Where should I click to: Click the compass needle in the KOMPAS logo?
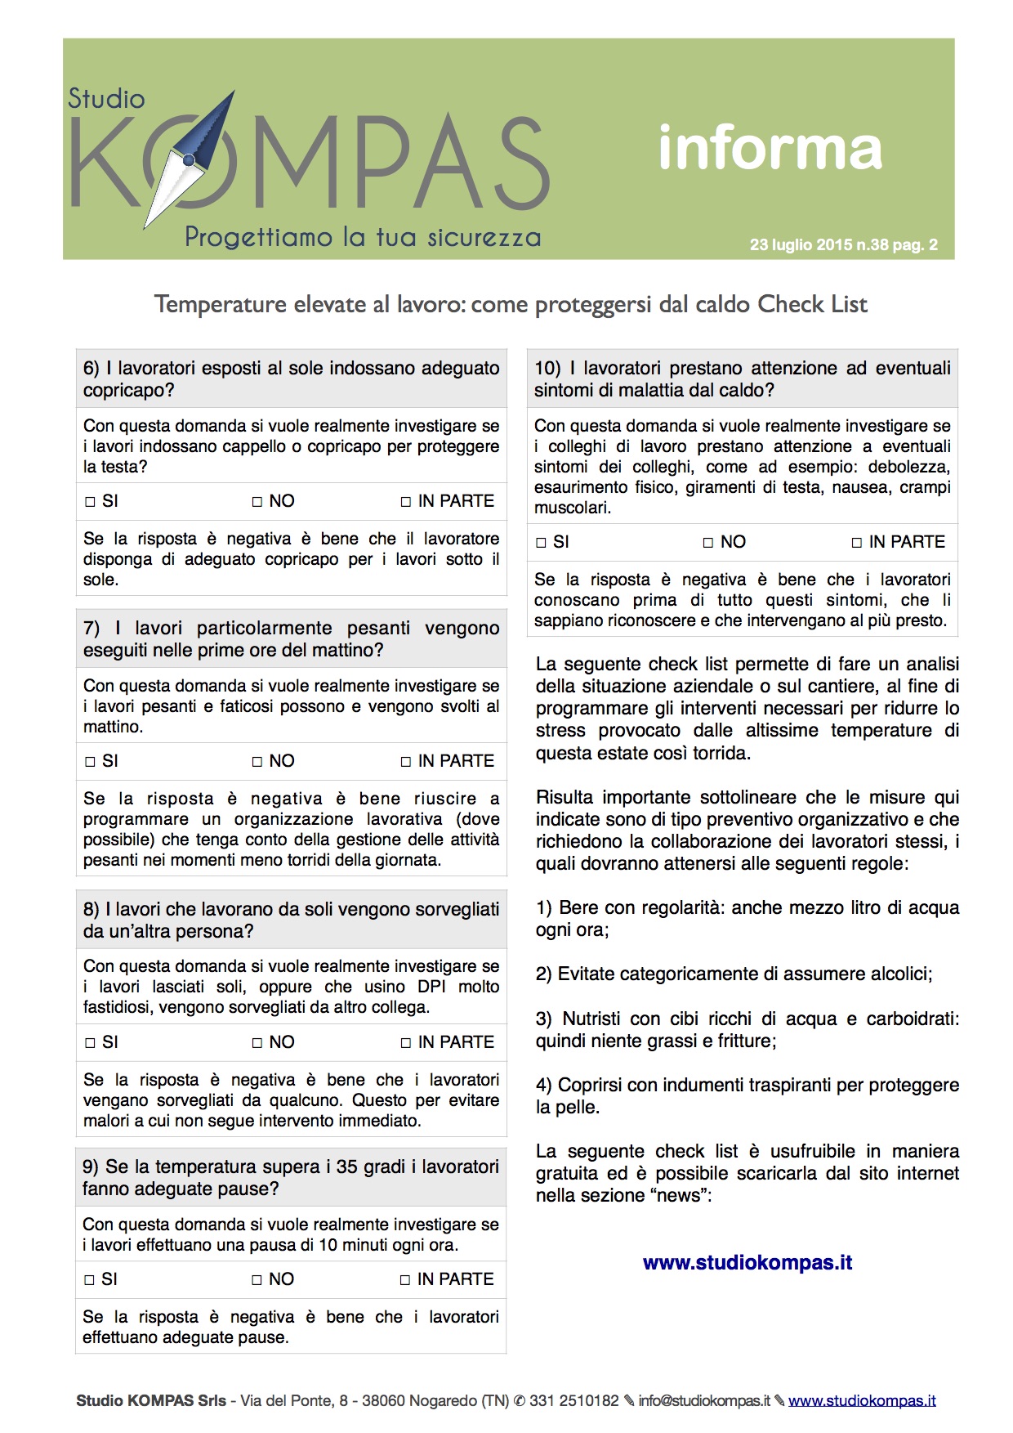pyautogui.click(x=190, y=160)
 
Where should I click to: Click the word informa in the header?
pyautogui.click(x=770, y=148)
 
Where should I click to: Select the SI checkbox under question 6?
pyautogui.click(x=91, y=502)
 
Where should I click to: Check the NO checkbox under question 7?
pyautogui.click(x=257, y=762)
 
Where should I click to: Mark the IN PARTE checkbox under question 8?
pyautogui.click(x=406, y=1043)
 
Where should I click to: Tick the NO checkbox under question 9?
pyautogui.click(x=257, y=1280)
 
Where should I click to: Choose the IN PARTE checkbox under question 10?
pyautogui.click(x=857, y=543)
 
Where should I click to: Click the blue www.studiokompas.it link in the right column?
pyautogui.click(x=747, y=1263)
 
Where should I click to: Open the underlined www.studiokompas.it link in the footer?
pyautogui.click(x=862, y=1401)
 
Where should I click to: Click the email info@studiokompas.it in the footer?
pyautogui.click(x=704, y=1401)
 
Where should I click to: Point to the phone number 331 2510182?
pyautogui.click(x=573, y=1401)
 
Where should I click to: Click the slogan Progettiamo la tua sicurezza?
pyautogui.click(x=363, y=238)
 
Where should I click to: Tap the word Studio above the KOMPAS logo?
pyautogui.click(x=106, y=99)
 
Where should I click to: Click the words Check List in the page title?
pyautogui.click(x=812, y=304)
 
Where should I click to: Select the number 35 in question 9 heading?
pyautogui.click(x=347, y=1167)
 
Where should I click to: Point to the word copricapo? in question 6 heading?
pyautogui.click(x=128, y=391)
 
